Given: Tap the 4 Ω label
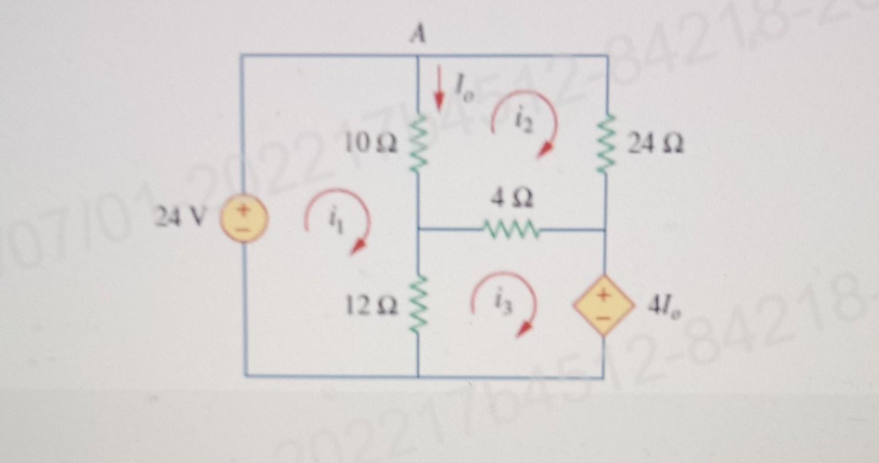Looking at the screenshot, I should pyautogui.click(x=509, y=201).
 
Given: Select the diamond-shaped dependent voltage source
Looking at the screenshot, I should pyautogui.click(x=604, y=305).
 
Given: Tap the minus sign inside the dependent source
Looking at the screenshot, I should pyautogui.click(x=604, y=317).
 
